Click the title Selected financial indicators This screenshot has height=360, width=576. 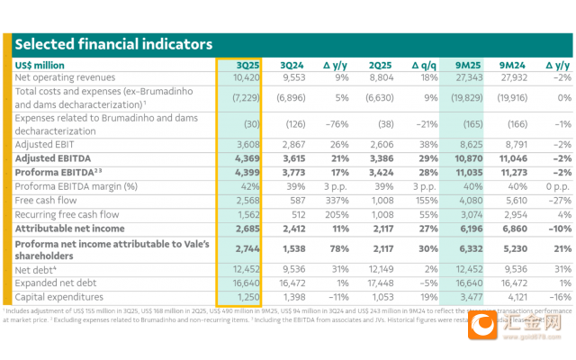[x=113, y=44]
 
